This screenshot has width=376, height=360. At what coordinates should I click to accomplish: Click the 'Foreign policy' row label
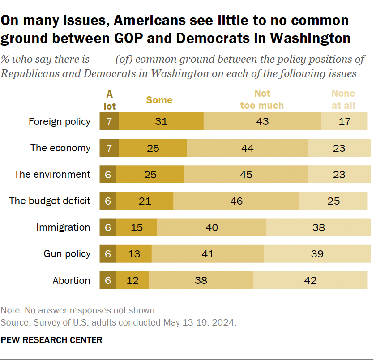click(x=60, y=121)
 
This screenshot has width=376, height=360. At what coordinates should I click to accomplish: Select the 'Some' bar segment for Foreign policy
click(x=161, y=121)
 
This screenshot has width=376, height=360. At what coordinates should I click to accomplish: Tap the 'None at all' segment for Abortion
click(x=311, y=280)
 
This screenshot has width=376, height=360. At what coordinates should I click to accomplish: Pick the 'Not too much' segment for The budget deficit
click(x=236, y=201)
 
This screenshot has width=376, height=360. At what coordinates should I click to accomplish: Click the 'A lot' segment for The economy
click(x=109, y=148)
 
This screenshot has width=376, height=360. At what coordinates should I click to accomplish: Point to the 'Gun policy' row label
click(x=67, y=254)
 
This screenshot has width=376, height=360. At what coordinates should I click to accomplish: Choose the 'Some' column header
click(x=159, y=100)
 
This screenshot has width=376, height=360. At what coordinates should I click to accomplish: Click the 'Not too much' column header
click(x=262, y=99)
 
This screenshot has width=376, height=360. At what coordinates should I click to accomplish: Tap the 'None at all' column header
click(x=343, y=99)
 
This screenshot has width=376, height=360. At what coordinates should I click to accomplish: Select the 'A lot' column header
click(x=110, y=100)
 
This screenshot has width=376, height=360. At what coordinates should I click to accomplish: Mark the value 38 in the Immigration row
click(x=318, y=227)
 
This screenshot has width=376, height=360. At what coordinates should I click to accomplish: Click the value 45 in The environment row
click(x=246, y=175)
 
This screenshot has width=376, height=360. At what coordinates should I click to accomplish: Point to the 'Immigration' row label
click(x=63, y=227)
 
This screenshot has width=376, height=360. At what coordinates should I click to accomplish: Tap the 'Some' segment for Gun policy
click(x=134, y=254)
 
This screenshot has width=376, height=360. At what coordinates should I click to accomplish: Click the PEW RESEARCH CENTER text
click(x=51, y=340)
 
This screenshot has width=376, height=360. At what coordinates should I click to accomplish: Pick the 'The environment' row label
click(x=52, y=175)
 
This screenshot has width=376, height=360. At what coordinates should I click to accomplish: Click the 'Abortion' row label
click(x=71, y=281)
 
